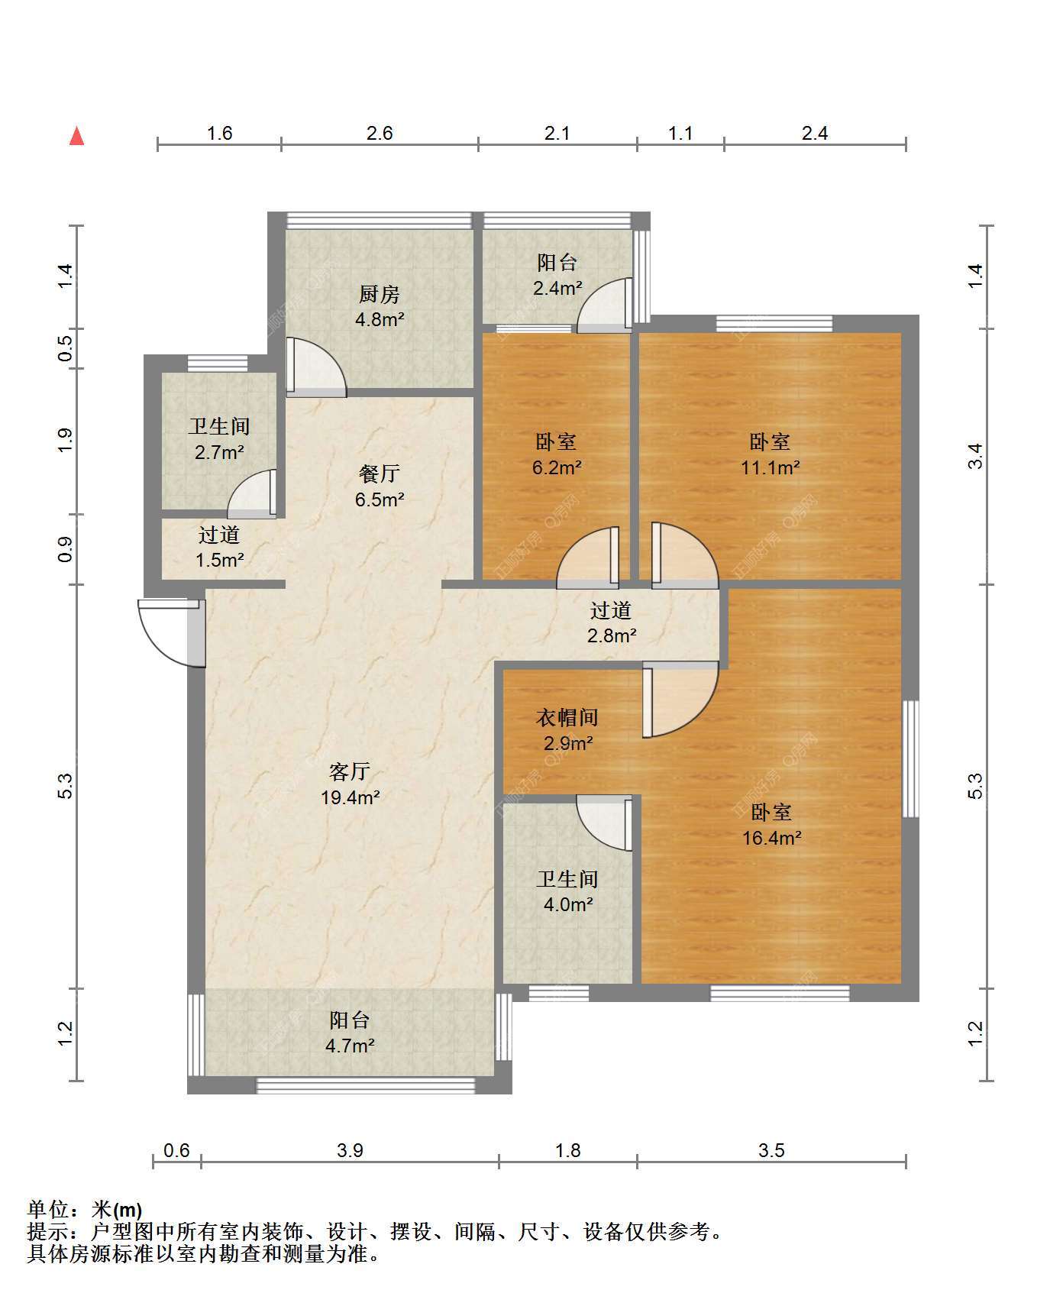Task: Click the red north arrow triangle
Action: click(x=76, y=136)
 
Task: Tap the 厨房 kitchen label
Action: click(x=380, y=294)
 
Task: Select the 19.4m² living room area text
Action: click(x=351, y=798)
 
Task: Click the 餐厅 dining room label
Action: click(x=380, y=474)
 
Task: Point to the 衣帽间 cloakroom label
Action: click(x=567, y=717)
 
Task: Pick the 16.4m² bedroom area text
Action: click(x=772, y=838)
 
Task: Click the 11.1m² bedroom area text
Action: click(x=771, y=467)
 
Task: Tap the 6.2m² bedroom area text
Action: click(x=557, y=467)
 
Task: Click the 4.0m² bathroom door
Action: click(x=604, y=823)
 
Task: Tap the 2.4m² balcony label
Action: click(x=557, y=263)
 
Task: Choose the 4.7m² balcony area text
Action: click(x=350, y=1046)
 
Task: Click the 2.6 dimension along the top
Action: click(x=380, y=134)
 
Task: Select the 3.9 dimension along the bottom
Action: click(x=350, y=1150)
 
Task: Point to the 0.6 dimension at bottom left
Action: click(x=176, y=1150)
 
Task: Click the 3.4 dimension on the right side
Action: click(x=976, y=457)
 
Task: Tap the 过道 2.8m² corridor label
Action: click(x=612, y=622)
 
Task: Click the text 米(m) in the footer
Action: click(x=117, y=1210)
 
